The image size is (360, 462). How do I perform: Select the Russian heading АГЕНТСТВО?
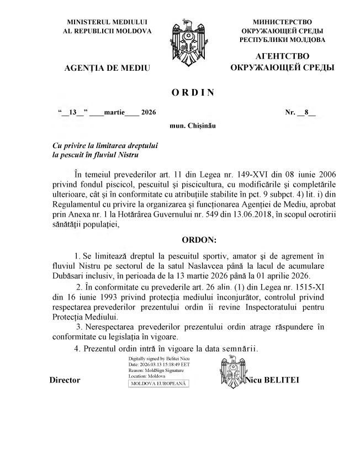click(283, 57)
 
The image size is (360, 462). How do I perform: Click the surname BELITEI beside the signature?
click(283, 380)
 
